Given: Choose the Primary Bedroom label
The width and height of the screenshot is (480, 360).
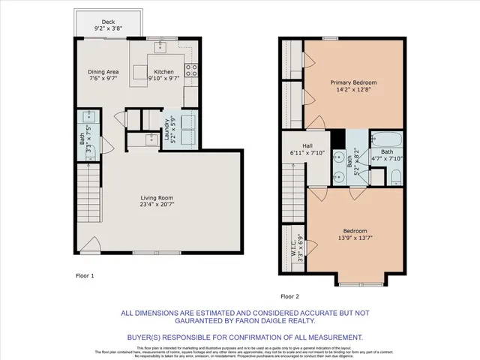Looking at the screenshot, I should point(354,85).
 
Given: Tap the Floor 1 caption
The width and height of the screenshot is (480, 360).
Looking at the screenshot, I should point(85,276).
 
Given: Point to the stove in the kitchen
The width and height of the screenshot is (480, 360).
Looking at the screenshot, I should point(192,72).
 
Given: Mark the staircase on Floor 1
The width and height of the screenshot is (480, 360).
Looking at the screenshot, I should point(89,192).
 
